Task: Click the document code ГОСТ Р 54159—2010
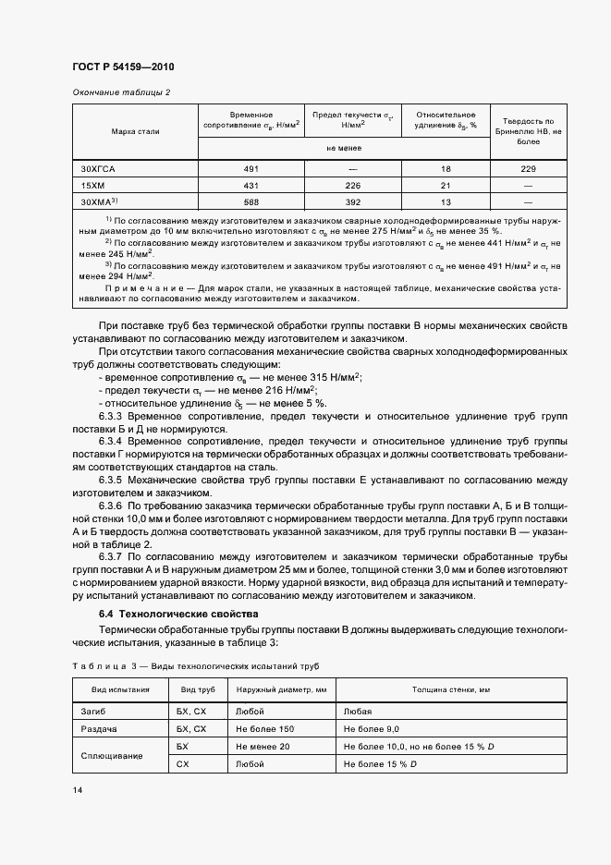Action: [122, 67]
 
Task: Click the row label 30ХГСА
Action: [97, 168]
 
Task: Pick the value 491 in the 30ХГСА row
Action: [251, 168]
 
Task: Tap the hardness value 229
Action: [528, 168]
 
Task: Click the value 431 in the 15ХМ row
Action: [251, 184]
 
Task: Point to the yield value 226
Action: [352, 184]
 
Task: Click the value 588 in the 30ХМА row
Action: [251, 201]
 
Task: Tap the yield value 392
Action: [352, 201]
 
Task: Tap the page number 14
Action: [76, 790]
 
